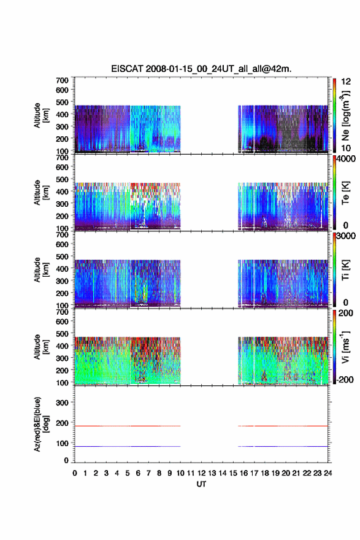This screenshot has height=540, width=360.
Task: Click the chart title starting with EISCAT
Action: pos(201,69)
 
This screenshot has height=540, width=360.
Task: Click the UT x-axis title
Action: pos(201,484)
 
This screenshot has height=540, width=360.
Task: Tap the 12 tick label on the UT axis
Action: pos(201,473)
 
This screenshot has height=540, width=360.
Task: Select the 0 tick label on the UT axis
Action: pos(75,473)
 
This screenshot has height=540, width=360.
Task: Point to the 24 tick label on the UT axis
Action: pos(327,473)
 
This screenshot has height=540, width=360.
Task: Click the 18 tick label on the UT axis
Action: pos(265,473)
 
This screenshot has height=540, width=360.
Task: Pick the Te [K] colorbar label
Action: pos(345,193)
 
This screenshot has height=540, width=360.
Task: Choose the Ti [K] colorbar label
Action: pos(345,270)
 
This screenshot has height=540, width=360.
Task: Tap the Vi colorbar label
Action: pos(345,347)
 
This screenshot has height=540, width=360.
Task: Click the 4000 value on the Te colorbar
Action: pos(345,159)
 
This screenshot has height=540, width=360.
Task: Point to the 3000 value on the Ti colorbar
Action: pos(345,236)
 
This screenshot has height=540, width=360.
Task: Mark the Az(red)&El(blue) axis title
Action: pos(41,424)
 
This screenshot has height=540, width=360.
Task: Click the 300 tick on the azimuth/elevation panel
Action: pos(62,403)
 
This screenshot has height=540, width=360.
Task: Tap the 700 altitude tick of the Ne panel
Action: pos(62,80)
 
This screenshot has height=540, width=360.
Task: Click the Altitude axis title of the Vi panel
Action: pos(41,347)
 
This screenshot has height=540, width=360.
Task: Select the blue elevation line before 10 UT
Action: pos(128,446)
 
